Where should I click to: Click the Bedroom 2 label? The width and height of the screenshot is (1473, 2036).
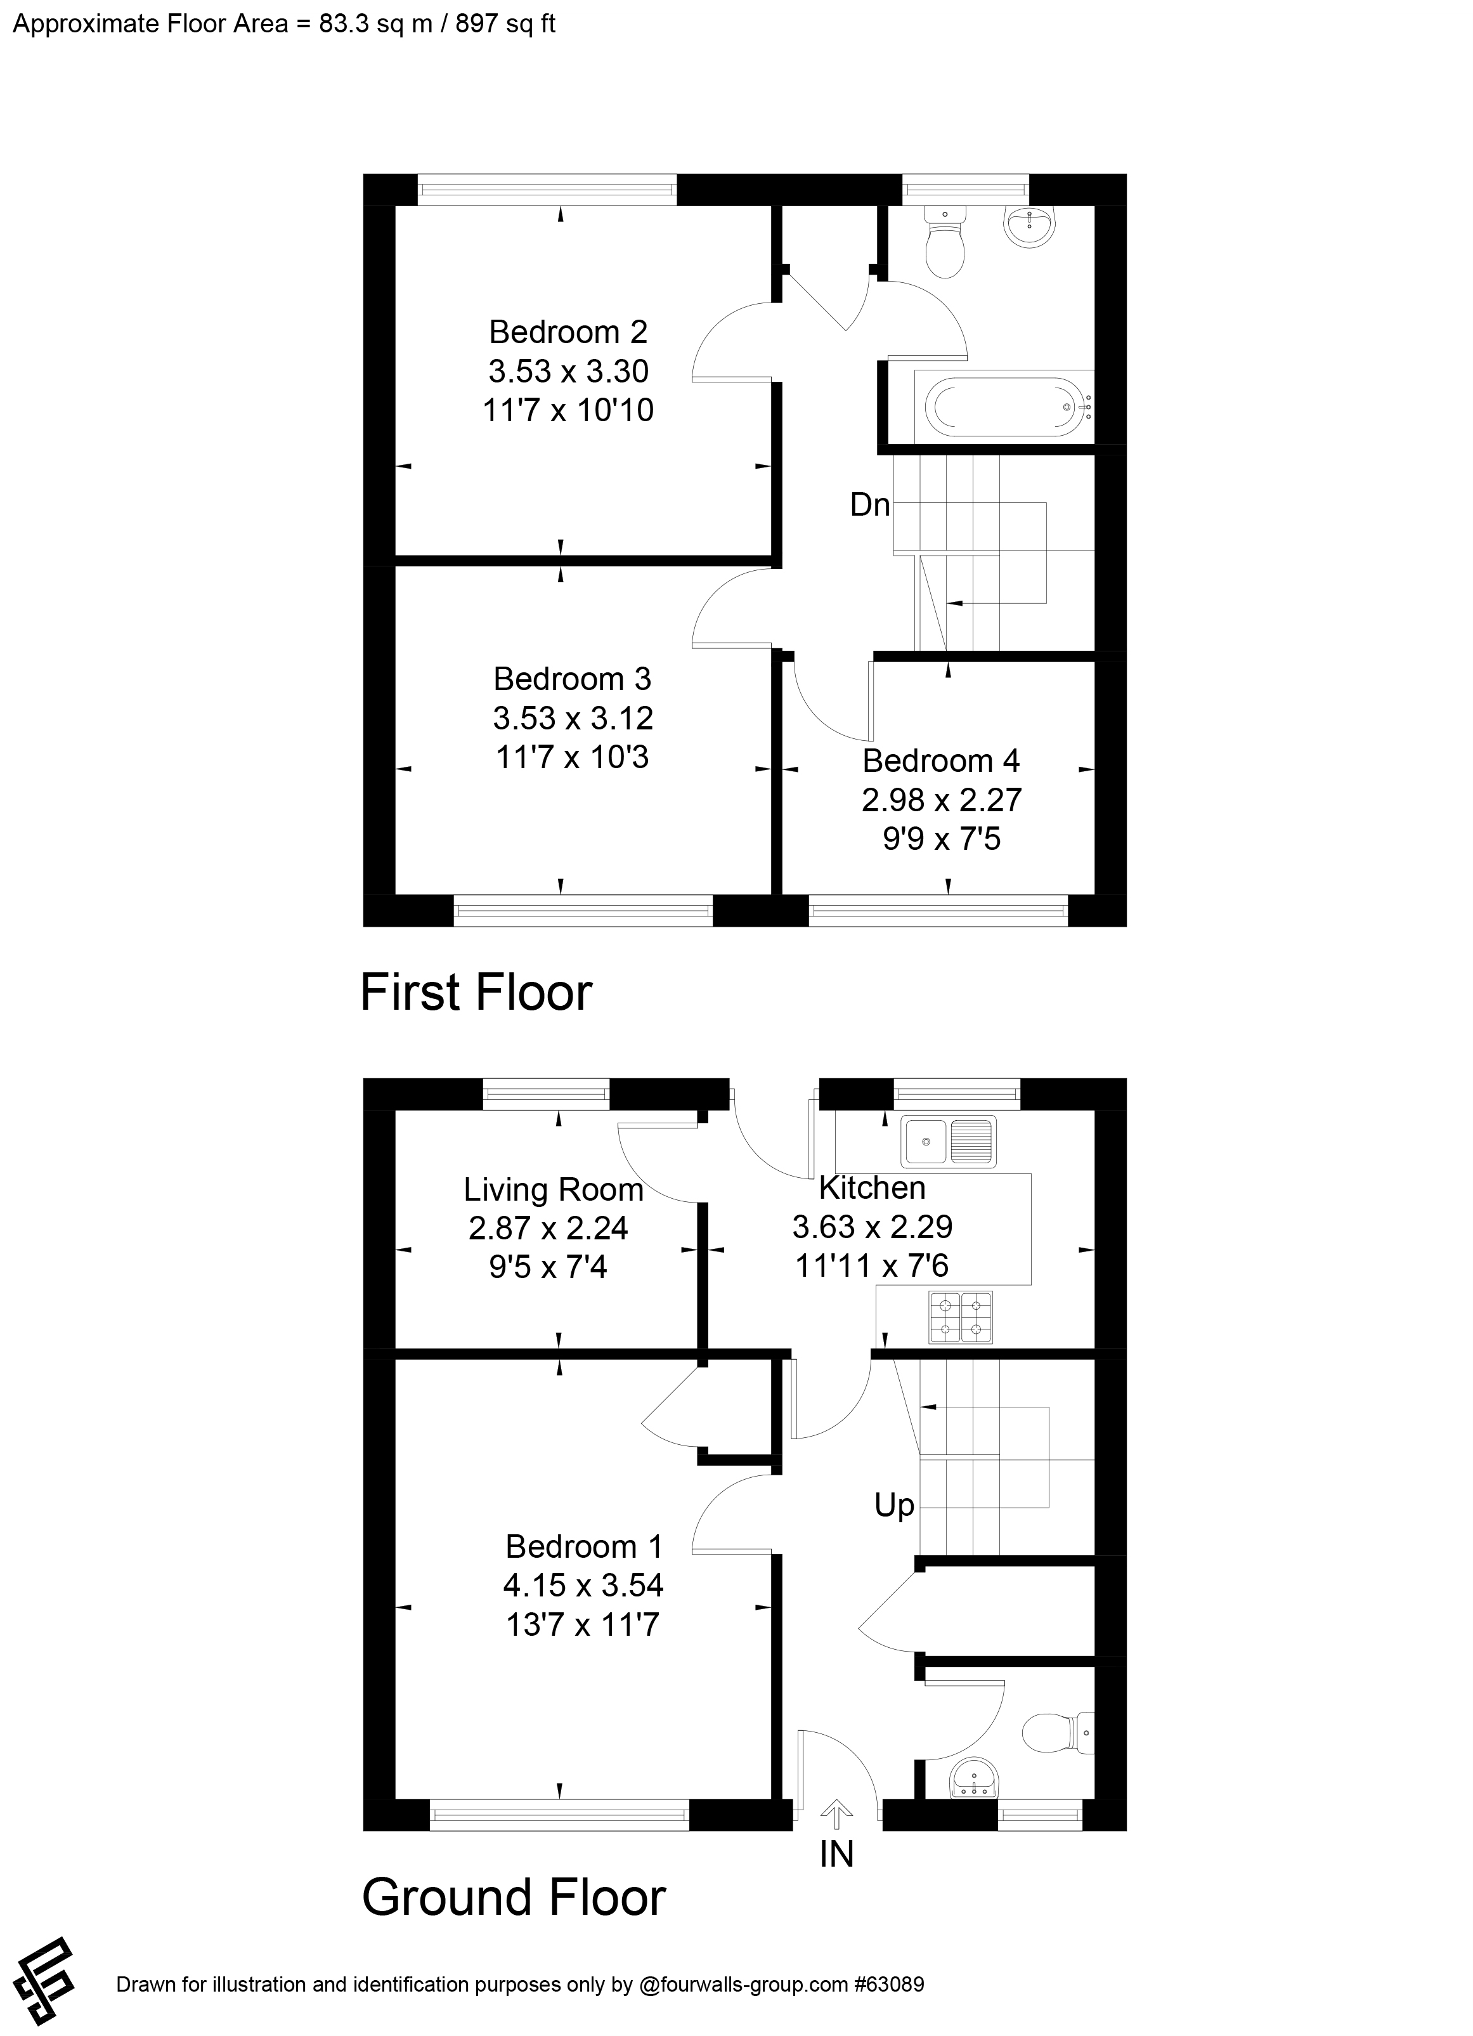568,332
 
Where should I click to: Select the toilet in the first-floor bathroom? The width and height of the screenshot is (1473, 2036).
944,244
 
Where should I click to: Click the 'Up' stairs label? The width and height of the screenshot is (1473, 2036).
894,1506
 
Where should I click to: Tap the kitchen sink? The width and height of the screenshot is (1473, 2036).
949,1142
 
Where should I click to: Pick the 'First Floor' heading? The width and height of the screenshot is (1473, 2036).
476,993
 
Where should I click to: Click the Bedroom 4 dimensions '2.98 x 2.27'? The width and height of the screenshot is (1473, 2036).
942,800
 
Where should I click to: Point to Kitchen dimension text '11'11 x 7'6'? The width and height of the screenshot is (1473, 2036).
872,1267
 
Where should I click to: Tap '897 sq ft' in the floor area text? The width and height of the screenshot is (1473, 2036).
505,24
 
